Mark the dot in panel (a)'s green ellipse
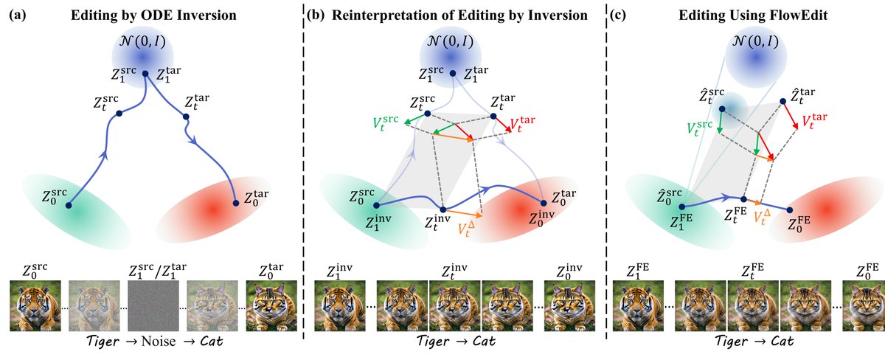(69, 206)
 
